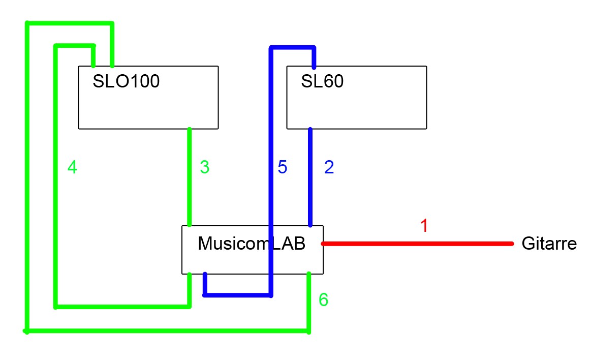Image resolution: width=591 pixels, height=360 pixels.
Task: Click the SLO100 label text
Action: tap(126, 81)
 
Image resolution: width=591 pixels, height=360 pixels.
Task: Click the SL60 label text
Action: tap(322, 81)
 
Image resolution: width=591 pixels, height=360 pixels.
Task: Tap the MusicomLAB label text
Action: tap(252, 244)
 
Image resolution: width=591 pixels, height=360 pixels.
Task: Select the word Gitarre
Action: tap(549, 244)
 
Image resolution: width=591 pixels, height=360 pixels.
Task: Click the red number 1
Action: tap(424, 225)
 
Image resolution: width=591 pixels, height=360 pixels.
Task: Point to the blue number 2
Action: tap(329, 167)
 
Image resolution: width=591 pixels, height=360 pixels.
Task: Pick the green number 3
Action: tap(205, 167)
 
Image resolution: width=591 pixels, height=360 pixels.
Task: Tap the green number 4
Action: tap(72, 167)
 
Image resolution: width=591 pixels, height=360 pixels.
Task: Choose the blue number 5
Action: tap(283, 167)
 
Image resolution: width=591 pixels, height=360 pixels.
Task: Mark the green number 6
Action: tap(323, 299)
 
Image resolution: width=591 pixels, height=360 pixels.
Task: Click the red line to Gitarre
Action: tap(417, 244)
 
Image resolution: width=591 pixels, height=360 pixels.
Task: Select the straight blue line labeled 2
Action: tap(310, 177)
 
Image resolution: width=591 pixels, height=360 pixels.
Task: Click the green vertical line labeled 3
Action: tap(189, 177)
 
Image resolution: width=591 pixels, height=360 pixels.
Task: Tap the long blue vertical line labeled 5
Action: tap(271, 171)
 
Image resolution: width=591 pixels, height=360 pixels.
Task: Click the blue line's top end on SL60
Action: tap(314, 67)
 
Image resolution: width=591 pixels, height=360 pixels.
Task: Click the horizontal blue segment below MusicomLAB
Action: tap(238, 295)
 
